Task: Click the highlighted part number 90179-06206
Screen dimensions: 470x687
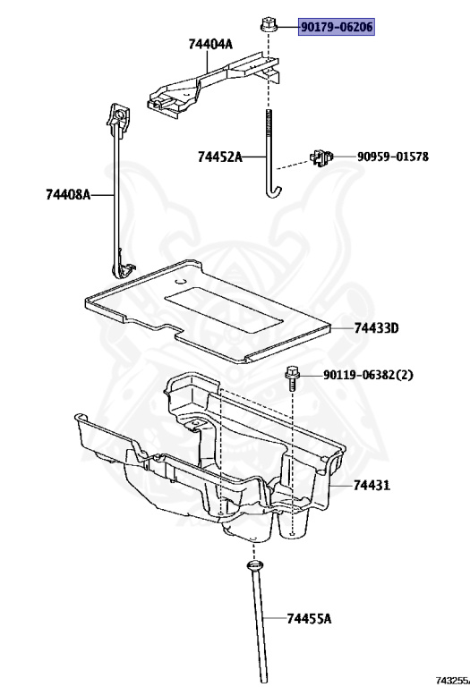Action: [x=337, y=27]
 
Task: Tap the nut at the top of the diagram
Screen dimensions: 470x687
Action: [x=267, y=24]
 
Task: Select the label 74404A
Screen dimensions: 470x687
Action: [x=210, y=44]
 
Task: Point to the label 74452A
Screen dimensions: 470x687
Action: [x=219, y=157]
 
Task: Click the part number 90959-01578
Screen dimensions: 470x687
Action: [x=393, y=157]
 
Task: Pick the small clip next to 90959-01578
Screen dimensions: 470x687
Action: [x=321, y=157]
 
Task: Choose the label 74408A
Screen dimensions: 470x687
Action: [x=68, y=194]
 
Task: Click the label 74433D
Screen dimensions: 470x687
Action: [x=377, y=327]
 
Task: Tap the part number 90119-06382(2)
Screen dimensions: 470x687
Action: [x=368, y=375]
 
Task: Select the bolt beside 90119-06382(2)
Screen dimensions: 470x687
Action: [x=292, y=377]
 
